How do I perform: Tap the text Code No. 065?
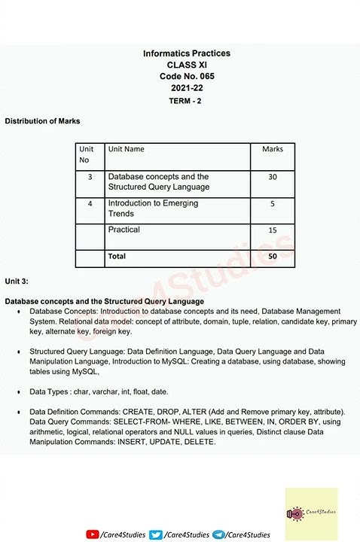[187, 77]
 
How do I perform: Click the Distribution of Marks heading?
[42, 120]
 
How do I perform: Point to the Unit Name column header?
[127, 149]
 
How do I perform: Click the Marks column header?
[273, 149]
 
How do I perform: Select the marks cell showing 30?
[273, 177]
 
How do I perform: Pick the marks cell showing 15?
[273, 230]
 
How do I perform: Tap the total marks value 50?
[273, 257]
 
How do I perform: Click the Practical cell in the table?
[124, 230]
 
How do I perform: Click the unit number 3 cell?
[90, 177]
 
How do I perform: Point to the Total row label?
[117, 257]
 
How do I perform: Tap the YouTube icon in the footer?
[93, 534]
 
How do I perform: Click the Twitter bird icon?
[156, 534]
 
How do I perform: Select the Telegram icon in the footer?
[218, 534]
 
